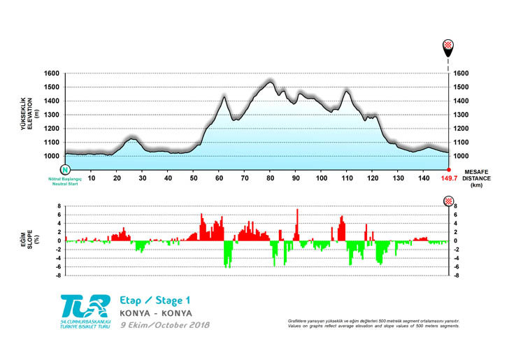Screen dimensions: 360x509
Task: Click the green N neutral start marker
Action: point(65,170)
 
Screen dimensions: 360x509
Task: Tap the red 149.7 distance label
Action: point(448,178)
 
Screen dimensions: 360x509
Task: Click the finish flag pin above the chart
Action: point(448,47)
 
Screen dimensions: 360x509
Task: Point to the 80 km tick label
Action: point(271,178)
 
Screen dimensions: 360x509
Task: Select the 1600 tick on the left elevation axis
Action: point(52,73)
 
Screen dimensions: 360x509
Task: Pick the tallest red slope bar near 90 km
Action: point(297,224)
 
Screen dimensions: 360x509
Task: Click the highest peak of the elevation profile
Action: point(271,81)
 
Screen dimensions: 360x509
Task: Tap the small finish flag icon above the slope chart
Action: point(448,201)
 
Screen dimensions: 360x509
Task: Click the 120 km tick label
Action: point(373,178)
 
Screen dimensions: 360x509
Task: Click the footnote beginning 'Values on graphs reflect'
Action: point(373,326)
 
